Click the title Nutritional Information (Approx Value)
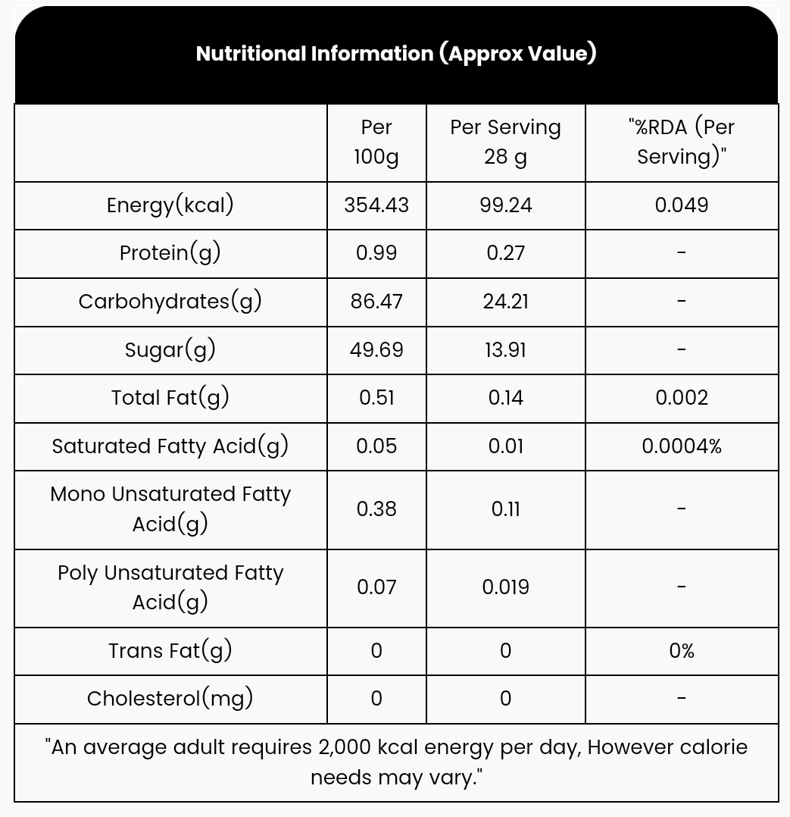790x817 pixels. click(x=395, y=54)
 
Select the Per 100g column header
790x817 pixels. click(x=376, y=142)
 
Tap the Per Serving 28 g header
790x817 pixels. click(x=505, y=142)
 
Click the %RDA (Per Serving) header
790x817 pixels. click(x=682, y=142)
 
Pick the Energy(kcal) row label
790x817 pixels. click(x=170, y=205)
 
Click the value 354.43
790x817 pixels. click(x=376, y=205)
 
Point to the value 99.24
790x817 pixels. click(x=505, y=205)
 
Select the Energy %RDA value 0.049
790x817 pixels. click(x=682, y=205)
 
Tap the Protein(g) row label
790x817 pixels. click(x=170, y=253)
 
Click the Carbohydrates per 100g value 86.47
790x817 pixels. click(x=376, y=302)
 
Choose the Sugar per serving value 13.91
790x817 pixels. click(x=505, y=350)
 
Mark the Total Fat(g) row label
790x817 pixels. click(x=170, y=398)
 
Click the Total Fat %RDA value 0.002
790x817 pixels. click(x=682, y=398)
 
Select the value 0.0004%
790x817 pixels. click(x=682, y=446)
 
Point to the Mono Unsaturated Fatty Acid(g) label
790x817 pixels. click(x=170, y=509)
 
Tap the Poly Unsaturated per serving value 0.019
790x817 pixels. click(x=505, y=587)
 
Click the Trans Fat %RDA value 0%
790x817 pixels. click(x=682, y=651)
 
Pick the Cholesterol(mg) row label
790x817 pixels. click(x=170, y=699)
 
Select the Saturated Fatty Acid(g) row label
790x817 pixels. click(x=170, y=446)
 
